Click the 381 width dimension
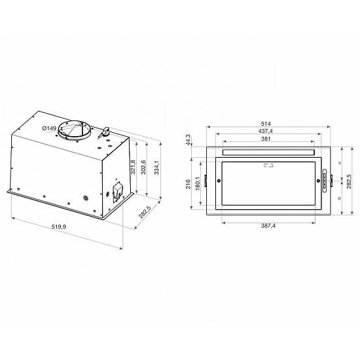coord(268,139)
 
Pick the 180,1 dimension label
coord(197,185)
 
